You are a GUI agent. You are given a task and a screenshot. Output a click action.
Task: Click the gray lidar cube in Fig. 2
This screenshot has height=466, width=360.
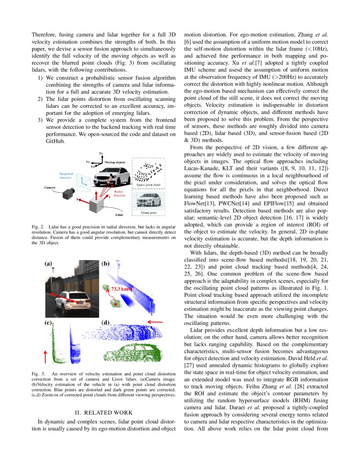[99, 205]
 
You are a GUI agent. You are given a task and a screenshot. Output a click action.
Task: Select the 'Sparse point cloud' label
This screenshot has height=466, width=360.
[148, 185]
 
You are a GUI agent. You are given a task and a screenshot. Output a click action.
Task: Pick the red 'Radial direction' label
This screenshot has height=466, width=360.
[119, 194]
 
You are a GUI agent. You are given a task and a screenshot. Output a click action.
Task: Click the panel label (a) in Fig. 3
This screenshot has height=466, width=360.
[48, 263]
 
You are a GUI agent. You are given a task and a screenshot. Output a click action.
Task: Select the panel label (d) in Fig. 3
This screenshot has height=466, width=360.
[106, 322]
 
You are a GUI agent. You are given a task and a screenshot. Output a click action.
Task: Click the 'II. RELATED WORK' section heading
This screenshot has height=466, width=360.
[104, 412]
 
